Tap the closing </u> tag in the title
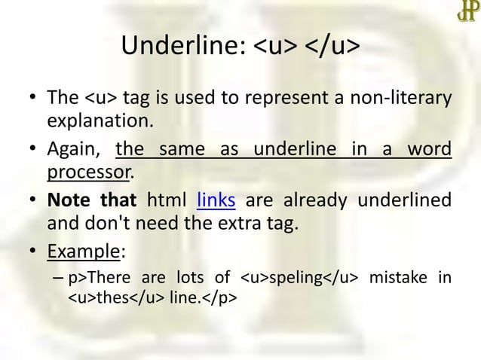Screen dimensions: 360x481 tap(332, 47)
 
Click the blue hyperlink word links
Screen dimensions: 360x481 tap(216, 201)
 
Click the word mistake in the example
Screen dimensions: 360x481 tap(392, 279)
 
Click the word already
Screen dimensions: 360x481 tap(314, 201)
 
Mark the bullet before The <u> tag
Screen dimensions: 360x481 tap(33, 99)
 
